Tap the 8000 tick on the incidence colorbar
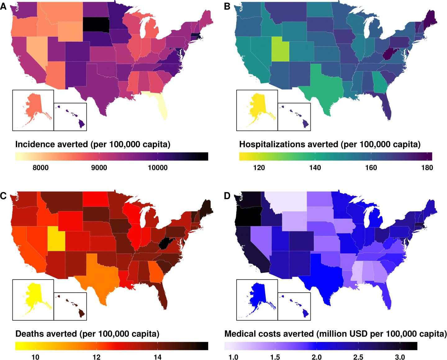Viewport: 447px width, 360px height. tap(40, 168)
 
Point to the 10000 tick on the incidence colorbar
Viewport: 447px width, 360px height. tap(157, 168)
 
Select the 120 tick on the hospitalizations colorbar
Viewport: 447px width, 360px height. tap(259, 168)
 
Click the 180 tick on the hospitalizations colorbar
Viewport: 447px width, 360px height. tap(427, 168)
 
